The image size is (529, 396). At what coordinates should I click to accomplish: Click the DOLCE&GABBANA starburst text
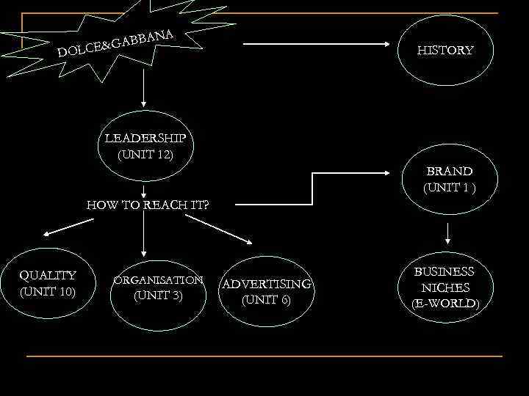pos(117,43)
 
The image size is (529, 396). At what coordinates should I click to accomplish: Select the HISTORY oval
pos(445,50)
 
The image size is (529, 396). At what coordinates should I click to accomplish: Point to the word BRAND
pos(450,171)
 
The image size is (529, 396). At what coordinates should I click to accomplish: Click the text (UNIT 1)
pos(450,187)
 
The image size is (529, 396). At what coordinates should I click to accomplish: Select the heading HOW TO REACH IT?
pos(148,205)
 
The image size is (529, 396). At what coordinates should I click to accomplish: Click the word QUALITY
pos(48,275)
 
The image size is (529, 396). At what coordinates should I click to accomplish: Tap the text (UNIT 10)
pos(48,291)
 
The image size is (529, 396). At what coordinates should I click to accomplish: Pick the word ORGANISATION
pos(157,280)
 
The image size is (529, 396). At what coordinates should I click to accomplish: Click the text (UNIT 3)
pos(157,296)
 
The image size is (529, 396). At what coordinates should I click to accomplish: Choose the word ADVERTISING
pos(267,284)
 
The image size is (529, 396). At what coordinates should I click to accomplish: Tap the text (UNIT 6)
pos(266,300)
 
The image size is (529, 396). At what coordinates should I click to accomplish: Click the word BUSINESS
pos(445,271)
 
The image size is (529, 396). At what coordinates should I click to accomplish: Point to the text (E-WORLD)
pos(445,304)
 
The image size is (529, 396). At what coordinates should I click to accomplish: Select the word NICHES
pos(445,287)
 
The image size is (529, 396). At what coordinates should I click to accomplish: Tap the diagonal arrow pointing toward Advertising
pos(224,231)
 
